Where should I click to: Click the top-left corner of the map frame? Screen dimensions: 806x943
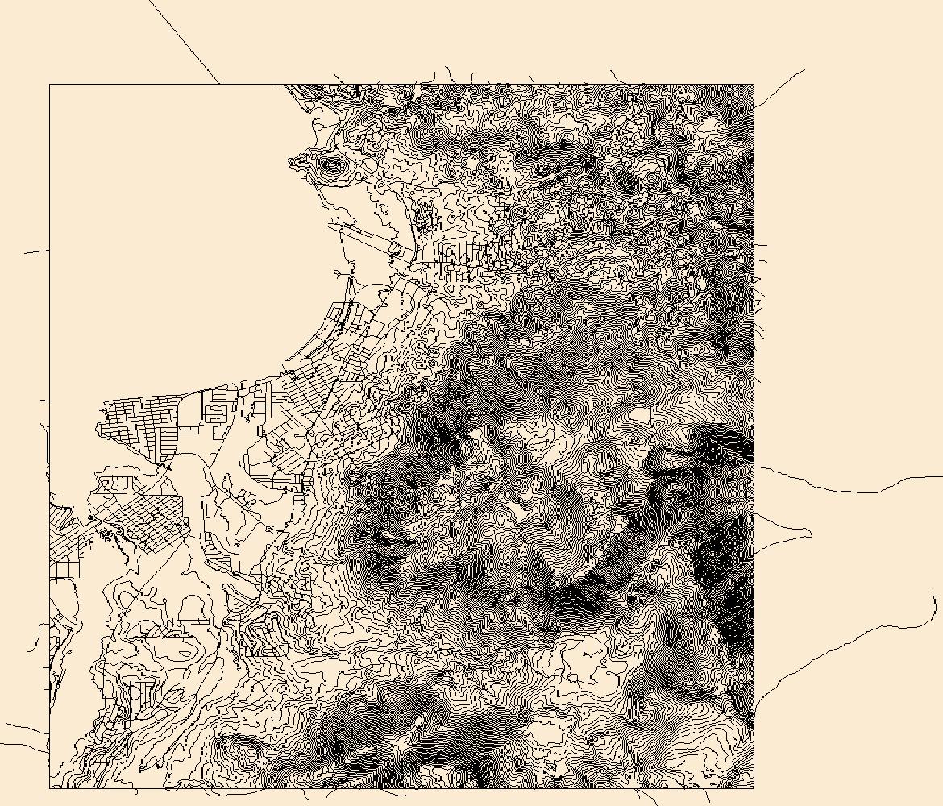pyautogui.click(x=50, y=84)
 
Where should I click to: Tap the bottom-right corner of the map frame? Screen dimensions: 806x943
pyautogui.click(x=754, y=787)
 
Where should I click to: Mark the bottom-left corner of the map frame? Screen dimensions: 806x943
pyautogui.click(x=50, y=787)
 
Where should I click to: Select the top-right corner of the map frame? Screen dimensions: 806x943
pyautogui.click(x=754, y=84)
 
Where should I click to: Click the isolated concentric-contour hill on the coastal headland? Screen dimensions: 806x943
pyautogui.click(x=330, y=165)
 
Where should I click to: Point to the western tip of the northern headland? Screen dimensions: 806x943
pyautogui.click(x=290, y=162)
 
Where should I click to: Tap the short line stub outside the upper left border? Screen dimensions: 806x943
pyautogui.click(x=36, y=251)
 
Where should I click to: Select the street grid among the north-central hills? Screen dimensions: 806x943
pyautogui.click(x=471, y=262)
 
